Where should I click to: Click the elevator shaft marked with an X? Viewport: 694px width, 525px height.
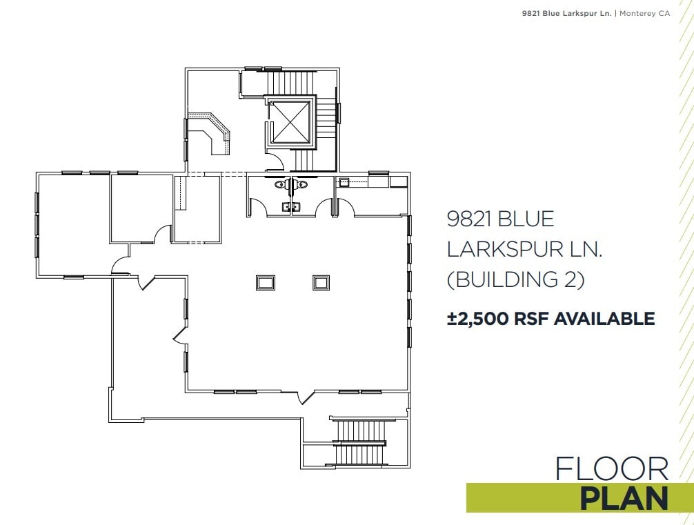(290, 123)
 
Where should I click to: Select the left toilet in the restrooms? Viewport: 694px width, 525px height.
(280, 184)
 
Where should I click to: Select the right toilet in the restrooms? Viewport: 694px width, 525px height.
(302, 184)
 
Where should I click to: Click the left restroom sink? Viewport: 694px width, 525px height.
(286, 206)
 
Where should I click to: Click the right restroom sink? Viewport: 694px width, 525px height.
(297, 206)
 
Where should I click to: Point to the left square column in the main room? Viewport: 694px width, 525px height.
(266, 282)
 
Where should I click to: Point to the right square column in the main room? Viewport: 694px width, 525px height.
(321, 282)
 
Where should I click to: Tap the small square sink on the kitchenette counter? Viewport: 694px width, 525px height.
(343, 182)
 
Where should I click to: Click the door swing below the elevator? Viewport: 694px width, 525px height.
(275, 163)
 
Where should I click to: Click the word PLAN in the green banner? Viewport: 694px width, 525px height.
(624, 498)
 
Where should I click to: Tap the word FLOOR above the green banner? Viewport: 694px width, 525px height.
(612, 469)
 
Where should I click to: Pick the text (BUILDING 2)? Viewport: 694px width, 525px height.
(516, 279)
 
